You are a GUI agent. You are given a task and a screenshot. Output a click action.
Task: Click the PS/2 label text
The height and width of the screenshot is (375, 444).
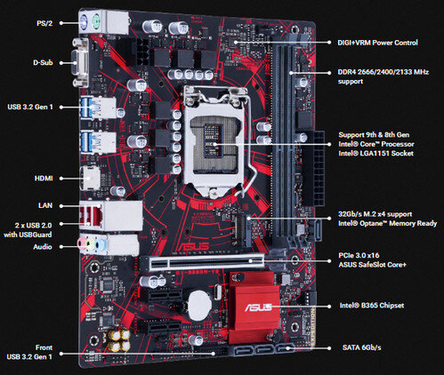[42, 23]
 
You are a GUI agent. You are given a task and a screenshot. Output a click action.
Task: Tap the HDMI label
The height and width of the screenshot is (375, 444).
[43, 178]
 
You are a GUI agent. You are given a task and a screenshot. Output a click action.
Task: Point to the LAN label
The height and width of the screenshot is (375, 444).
[44, 204]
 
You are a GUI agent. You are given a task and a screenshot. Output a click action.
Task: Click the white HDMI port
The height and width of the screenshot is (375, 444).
[92, 178]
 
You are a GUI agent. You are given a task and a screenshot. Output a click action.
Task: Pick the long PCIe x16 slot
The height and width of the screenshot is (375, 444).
[209, 261]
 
